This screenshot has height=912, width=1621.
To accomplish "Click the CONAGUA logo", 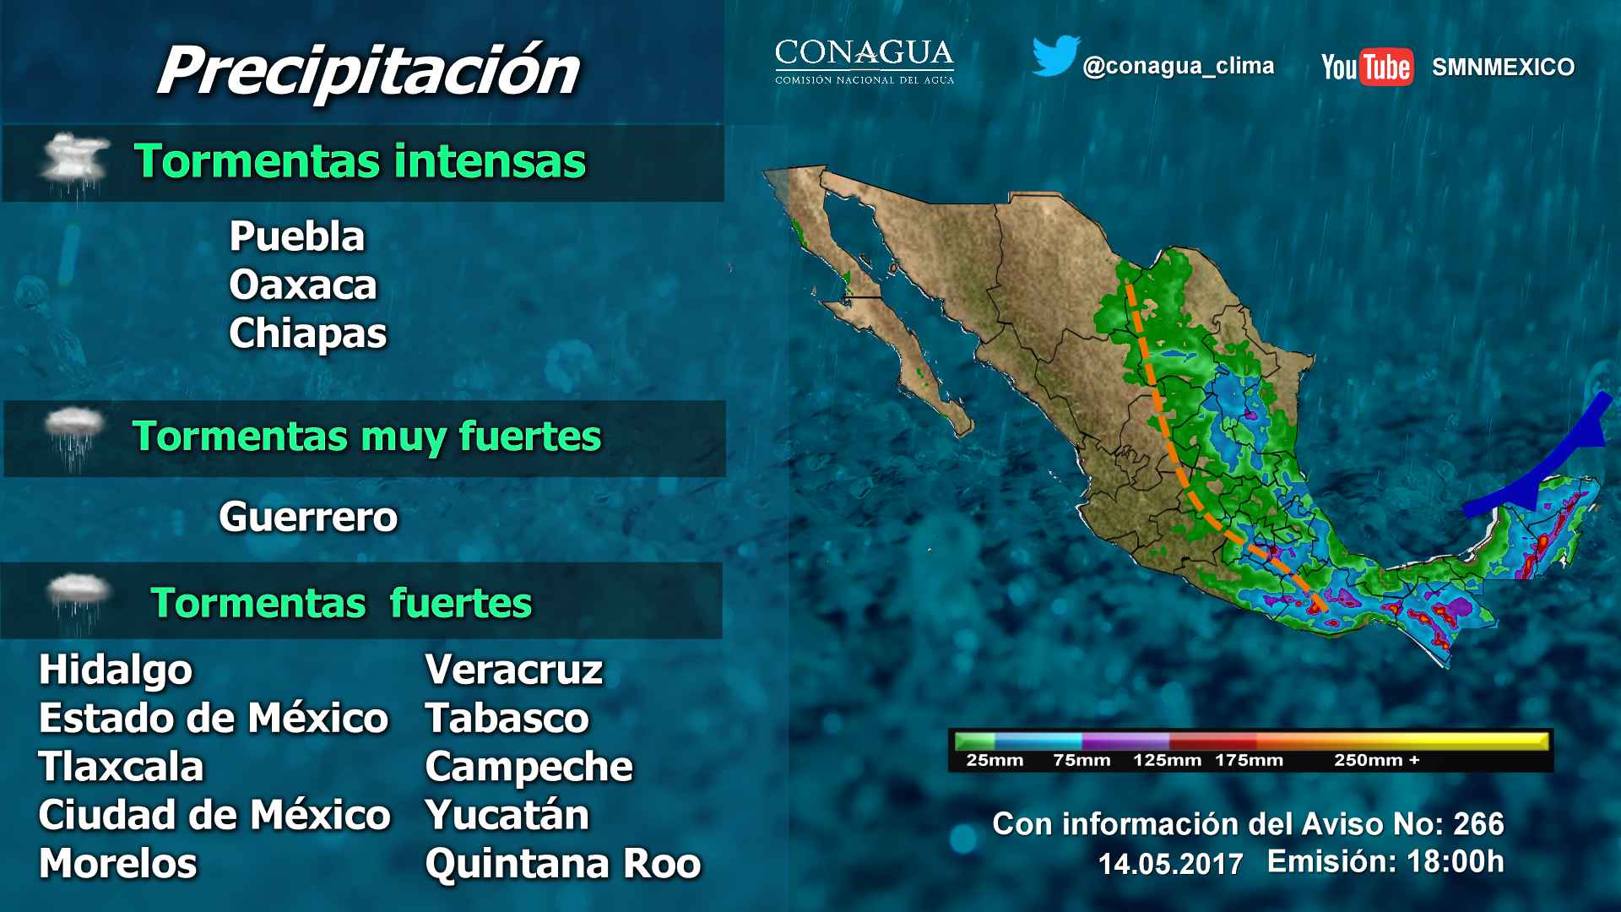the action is pos(865,62).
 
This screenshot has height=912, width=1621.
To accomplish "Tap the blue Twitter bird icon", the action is pos(1056,56).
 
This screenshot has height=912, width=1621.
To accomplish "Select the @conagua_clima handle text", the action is pos(1179,67).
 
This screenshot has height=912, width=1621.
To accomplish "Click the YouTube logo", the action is pos(1367,67).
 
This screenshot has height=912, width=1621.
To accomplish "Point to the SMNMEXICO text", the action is pos(1503,68).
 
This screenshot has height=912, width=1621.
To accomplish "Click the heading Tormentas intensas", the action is pos(360,161).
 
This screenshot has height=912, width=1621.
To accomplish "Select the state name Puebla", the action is pos(297,236).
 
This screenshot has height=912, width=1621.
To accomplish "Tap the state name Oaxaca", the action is pos(303,285).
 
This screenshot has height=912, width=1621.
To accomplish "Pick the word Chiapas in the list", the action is pos(308,334).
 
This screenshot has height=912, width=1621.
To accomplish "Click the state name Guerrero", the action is pos(308,517).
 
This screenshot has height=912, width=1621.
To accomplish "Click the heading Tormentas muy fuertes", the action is pos(367,437).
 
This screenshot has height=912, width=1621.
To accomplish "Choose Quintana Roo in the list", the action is pos(563,864).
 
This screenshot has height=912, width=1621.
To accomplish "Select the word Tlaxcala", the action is pos(122,768).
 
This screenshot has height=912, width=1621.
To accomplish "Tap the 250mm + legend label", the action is pos(1377,761).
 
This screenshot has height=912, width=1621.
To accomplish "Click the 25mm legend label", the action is pos(995,761).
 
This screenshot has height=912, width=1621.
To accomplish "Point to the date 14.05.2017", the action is pos(1170,864).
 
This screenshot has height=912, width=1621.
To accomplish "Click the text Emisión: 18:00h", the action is pos(1385,861).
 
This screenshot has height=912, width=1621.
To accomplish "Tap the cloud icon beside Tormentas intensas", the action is pos(74,160).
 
